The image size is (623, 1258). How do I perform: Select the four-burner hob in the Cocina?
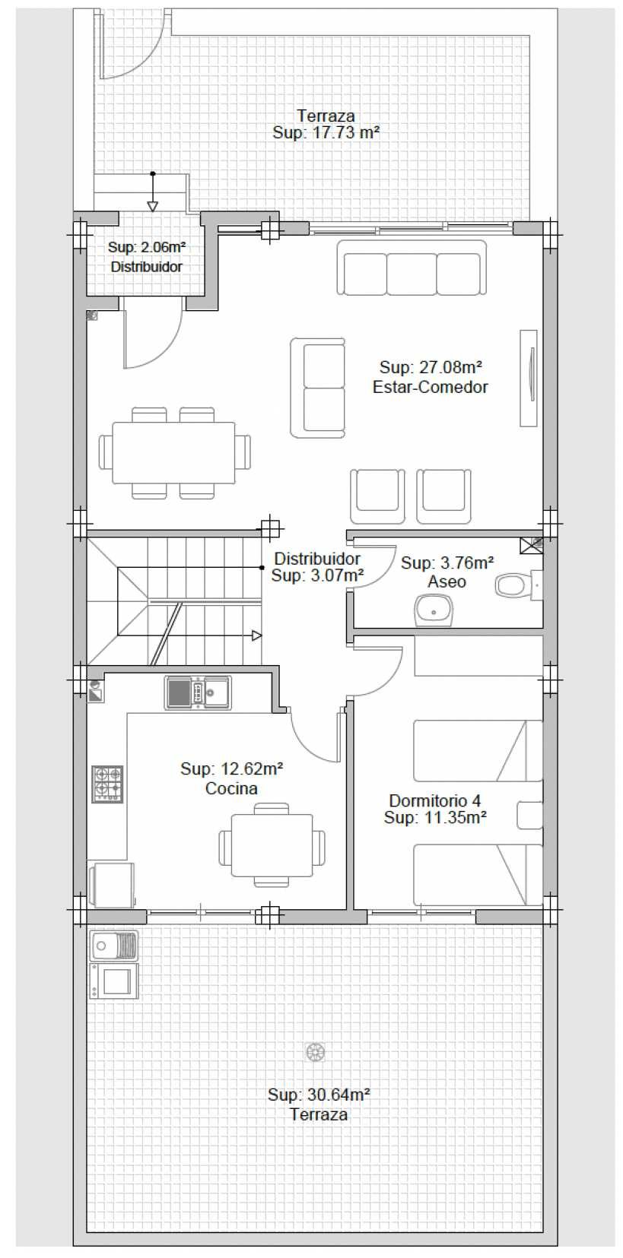pos(108,784)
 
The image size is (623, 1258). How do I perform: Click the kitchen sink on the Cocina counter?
pos(198,692)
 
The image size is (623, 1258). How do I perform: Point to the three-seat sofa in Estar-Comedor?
pos(412,268)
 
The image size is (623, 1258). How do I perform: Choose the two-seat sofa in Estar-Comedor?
pos(318,388)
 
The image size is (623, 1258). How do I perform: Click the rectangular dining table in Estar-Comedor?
pos(173,453)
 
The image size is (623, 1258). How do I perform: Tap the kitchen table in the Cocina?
pos(272,845)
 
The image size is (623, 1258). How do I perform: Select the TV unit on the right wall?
pos(529,378)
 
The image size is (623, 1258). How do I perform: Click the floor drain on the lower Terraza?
pos(316,1052)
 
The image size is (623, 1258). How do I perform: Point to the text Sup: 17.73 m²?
pos(326,133)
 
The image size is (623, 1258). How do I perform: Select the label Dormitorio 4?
pos(434,800)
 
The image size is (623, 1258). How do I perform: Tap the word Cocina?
pos(231,788)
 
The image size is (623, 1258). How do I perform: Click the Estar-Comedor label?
pos(430,387)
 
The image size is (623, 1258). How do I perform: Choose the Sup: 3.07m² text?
pos(317,575)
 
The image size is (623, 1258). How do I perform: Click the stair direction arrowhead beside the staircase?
pos(256,635)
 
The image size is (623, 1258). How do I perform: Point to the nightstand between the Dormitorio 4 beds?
pos(529,815)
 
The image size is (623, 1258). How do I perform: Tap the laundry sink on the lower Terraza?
pos(113,945)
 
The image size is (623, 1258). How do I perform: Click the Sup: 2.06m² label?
pos(147,247)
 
